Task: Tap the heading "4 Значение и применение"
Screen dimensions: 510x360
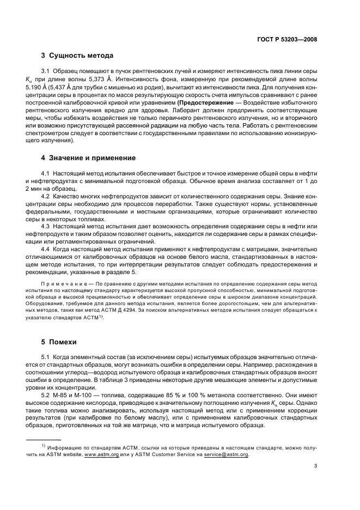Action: (89, 158)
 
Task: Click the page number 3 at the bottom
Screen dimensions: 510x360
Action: (316, 466)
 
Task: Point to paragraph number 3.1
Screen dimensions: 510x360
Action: (46, 71)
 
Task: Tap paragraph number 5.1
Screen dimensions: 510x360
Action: (46, 356)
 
